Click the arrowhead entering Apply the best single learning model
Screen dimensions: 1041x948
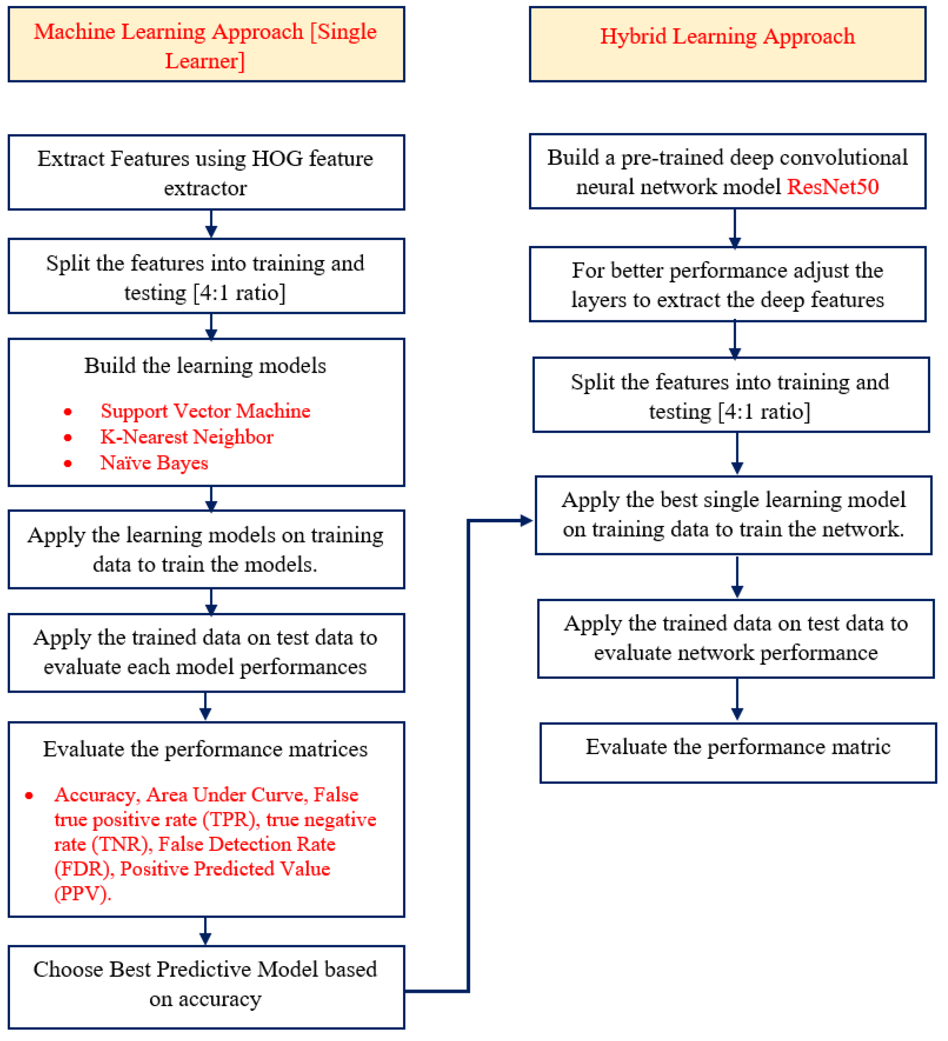pyautogui.click(x=527, y=521)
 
